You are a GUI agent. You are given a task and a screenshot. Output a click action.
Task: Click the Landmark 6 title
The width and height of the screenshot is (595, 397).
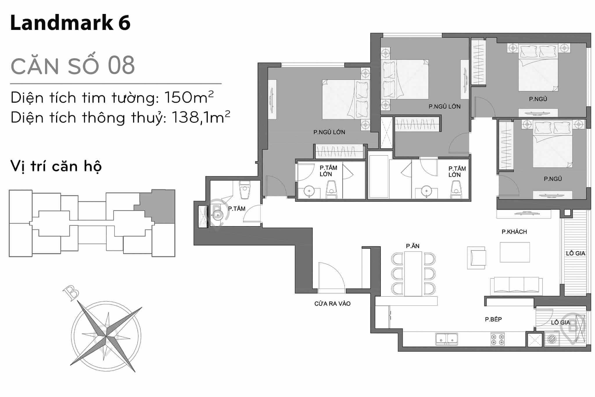(70, 23)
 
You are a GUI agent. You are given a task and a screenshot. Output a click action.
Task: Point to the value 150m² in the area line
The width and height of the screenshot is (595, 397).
(189, 97)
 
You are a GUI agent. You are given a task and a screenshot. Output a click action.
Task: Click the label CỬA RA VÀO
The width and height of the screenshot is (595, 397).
(332, 304)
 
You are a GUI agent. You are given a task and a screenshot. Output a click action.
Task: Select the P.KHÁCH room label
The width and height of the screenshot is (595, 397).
(514, 232)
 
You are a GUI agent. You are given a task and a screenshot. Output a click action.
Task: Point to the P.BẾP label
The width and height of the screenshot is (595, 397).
(493, 319)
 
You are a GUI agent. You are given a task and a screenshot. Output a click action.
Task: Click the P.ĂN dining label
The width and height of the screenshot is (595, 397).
(413, 246)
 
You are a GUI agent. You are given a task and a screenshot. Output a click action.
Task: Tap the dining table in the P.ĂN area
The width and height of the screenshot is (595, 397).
(413, 273)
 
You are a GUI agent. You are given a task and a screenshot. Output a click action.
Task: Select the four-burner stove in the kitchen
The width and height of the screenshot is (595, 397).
(497, 339)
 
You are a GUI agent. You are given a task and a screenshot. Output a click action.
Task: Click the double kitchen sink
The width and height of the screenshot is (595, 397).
(447, 339)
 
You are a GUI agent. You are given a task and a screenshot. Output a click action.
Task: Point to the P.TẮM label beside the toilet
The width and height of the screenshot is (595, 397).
(237, 209)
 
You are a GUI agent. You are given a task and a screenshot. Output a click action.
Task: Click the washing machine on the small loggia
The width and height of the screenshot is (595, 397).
(551, 339)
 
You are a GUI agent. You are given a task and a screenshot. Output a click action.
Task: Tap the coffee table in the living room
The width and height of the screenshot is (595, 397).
(515, 252)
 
